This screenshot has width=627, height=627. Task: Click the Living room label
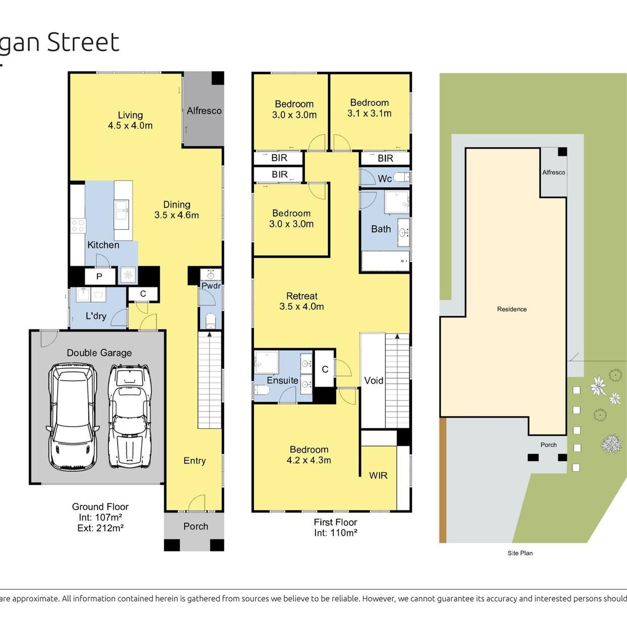point(130,120)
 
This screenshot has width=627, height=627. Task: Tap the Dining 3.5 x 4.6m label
point(176,210)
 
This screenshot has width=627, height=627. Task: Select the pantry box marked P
point(100,277)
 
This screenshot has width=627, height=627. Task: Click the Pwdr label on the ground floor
point(211,286)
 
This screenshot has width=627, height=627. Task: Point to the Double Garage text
point(99,353)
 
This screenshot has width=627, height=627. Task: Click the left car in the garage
point(73,417)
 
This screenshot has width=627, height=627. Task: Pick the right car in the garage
point(129,417)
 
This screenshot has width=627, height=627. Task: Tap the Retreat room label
point(301,301)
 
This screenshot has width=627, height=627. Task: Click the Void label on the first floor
point(374,380)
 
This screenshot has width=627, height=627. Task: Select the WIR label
point(378,476)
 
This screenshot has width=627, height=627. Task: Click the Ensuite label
point(282,380)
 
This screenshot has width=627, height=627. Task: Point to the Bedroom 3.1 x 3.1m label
point(370,108)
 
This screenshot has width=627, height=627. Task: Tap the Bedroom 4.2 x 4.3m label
point(309,455)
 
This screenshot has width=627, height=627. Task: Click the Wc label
point(385,179)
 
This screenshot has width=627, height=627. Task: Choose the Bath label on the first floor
point(381,229)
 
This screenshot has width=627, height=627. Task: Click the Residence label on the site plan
point(511,309)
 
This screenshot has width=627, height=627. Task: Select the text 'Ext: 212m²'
point(100,528)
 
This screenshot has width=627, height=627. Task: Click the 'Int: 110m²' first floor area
point(336,533)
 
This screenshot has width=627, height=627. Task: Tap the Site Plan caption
point(520,553)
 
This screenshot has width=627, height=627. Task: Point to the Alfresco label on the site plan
point(553,173)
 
